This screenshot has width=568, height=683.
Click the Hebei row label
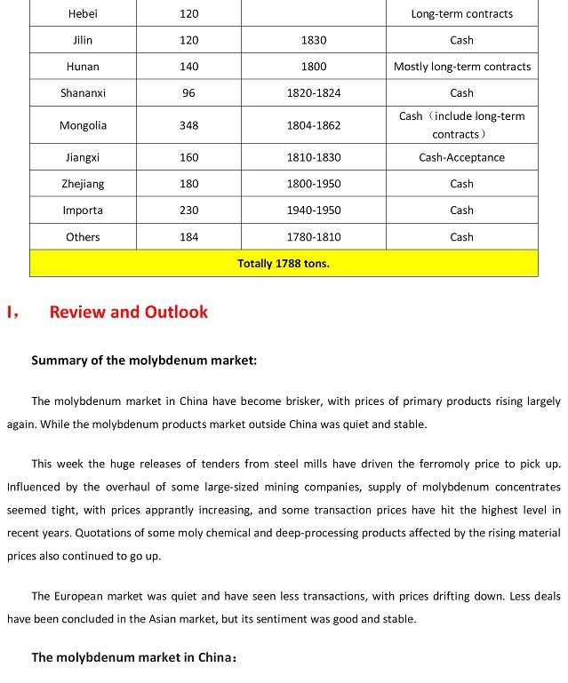[83, 13]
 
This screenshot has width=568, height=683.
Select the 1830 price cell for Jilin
[314, 40]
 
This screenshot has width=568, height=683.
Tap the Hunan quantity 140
[188, 67]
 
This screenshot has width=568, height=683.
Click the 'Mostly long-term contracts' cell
[461, 67]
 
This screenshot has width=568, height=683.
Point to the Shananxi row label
[83, 93]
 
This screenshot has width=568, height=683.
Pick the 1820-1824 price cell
[314, 93]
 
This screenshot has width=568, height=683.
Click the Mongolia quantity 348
[188, 125]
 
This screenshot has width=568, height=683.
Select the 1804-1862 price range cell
[314, 125]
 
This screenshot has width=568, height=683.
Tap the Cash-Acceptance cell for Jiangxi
[461, 157]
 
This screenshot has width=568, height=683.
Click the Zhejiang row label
[83, 184]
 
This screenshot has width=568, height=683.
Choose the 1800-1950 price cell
[314, 184]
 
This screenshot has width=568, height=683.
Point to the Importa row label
[83, 210]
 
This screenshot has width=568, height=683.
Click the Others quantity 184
[188, 237]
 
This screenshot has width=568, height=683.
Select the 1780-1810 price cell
[314, 237]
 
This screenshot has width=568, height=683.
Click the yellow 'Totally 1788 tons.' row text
[284, 263]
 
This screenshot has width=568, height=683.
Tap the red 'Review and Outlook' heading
[129, 312]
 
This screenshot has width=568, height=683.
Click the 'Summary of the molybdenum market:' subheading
[144, 360]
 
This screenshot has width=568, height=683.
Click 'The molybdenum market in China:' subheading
[134, 657]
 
